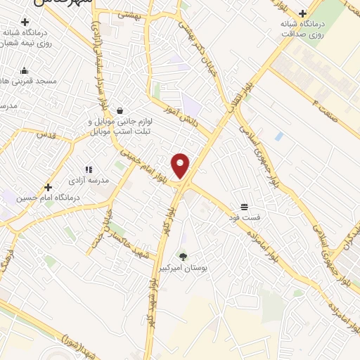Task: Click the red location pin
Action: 181,166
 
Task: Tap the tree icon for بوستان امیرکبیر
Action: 184,257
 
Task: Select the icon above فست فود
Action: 244,207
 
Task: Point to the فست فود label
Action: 244,217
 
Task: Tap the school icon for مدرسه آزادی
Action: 89,169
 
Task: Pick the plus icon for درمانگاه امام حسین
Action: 48,188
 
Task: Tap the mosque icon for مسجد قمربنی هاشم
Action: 25,70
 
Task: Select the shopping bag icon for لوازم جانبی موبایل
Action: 120,110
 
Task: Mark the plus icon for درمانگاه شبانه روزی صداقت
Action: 302,13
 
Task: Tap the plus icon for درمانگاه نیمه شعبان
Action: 25,22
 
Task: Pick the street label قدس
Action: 46,133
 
